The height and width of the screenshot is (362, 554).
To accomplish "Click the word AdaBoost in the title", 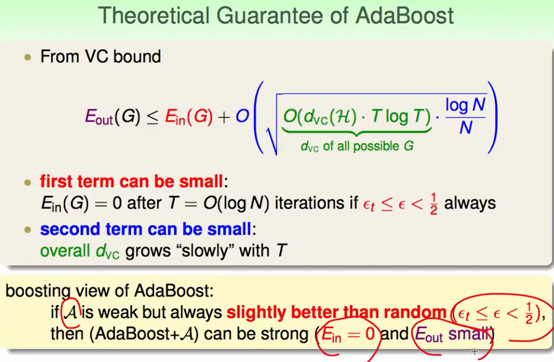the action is [x=404, y=15].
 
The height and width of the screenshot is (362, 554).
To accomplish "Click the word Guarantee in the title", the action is [x=270, y=15].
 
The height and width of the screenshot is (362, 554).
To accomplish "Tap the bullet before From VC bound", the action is [x=28, y=57].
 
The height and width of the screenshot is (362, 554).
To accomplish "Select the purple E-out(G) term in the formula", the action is [x=113, y=117].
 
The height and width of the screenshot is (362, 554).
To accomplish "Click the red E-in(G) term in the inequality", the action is [x=189, y=117].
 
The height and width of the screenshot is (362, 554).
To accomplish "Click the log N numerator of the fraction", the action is [x=465, y=105].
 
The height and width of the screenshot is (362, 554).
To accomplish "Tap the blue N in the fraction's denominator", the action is [x=466, y=128].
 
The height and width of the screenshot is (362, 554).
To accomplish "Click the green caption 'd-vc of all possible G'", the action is [x=357, y=146].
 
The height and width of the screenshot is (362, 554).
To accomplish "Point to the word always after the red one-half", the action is [x=470, y=204].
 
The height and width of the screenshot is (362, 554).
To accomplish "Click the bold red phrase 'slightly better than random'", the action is [x=336, y=312].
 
